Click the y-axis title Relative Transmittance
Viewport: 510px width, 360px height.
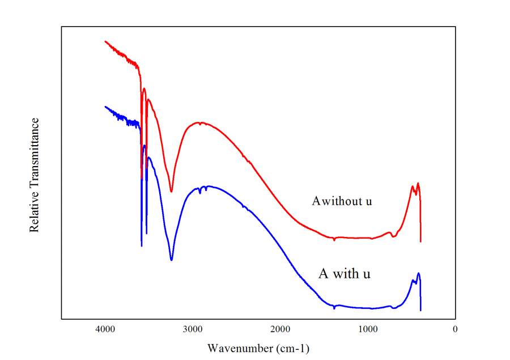point(35,175)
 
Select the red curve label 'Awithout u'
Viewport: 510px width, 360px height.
point(342,201)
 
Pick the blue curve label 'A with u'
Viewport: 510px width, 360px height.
point(345,274)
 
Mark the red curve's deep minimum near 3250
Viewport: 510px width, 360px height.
point(172,192)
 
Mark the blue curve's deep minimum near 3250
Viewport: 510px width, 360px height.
point(172,260)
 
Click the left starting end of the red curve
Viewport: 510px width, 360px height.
point(105,41)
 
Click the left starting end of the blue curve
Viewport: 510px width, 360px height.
point(105,106)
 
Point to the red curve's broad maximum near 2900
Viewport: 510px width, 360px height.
point(198,122)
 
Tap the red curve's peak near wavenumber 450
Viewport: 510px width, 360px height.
point(418,183)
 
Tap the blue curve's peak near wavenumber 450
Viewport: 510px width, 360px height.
point(418,273)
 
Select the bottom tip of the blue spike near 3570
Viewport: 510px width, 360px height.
point(142,246)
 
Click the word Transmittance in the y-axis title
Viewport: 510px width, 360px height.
point(35,153)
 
